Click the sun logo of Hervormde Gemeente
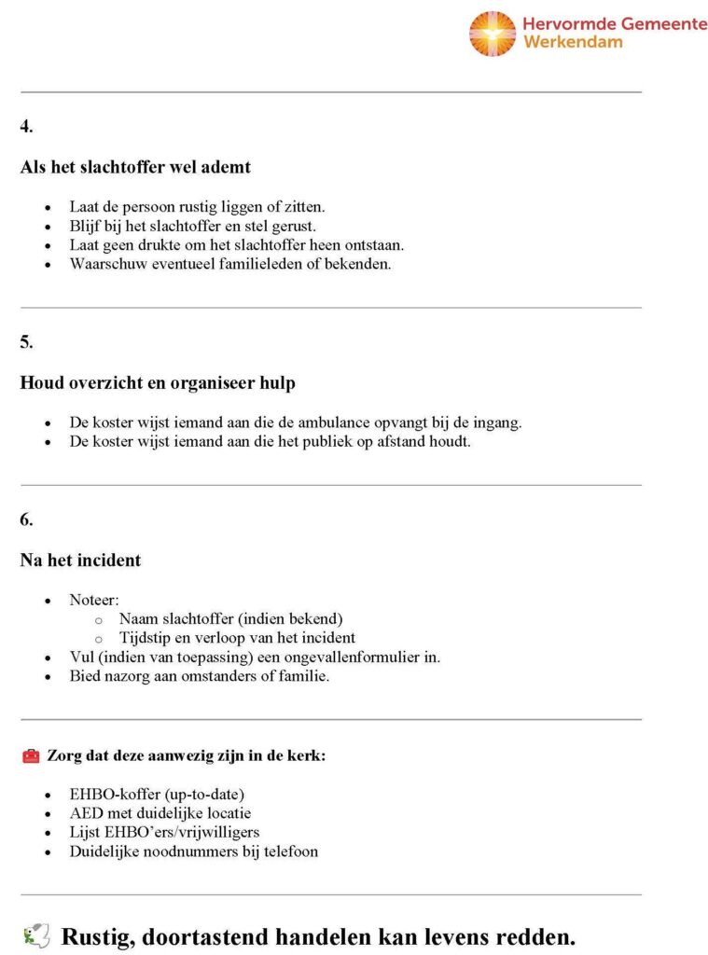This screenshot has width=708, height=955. [x=492, y=34]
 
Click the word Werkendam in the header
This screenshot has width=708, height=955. [x=573, y=42]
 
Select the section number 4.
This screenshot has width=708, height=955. [x=26, y=127]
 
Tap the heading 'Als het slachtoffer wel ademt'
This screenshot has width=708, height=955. [x=135, y=168]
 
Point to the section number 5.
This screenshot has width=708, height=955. [x=26, y=342]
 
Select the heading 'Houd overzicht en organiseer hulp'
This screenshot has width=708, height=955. [x=158, y=383]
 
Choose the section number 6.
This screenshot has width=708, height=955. [x=26, y=520]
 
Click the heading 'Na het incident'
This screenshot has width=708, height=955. [x=80, y=561]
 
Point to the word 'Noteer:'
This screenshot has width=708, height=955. [x=94, y=600]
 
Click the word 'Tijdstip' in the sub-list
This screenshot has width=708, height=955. [x=145, y=638]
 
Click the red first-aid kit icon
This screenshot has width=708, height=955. [x=31, y=756]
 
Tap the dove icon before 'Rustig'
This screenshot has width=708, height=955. [x=35, y=935]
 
